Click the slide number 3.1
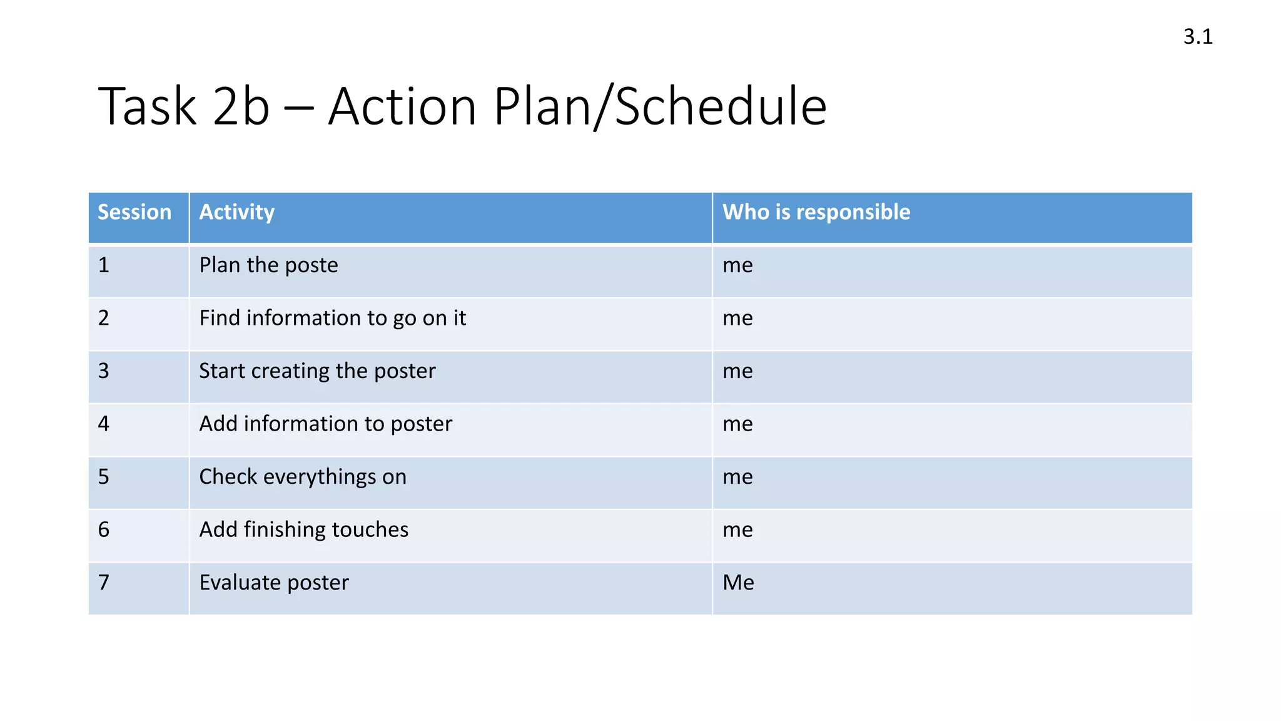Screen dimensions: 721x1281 [1197, 37]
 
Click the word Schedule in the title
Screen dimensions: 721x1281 [721, 106]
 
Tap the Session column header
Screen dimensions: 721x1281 [134, 212]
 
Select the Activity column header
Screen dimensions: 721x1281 [237, 212]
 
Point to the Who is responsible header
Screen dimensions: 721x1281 [816, 212]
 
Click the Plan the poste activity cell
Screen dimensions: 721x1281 [268, 265]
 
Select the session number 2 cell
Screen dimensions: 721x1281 [104, 318]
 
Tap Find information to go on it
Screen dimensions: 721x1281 [332, 318]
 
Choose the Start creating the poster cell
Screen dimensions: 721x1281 [317, 371]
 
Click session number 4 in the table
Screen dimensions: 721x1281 [104, 424]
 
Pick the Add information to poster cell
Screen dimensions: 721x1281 [325, 424]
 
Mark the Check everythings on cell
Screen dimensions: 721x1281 [303, 477]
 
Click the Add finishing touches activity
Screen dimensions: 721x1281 [303, 529]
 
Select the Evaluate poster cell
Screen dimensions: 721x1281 [274, 583]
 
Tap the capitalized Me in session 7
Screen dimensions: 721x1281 [738, 583]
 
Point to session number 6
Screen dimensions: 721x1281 [104, 529]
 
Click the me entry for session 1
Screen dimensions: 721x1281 [737, 265]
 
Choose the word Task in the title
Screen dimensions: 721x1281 [148, 106]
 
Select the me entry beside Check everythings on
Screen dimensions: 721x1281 [737, 477]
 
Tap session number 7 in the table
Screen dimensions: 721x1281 [104, 583]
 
